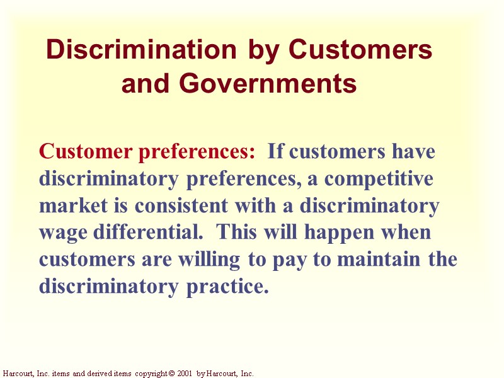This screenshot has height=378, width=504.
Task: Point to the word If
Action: click(276, 152)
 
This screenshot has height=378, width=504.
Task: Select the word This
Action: click(237, 232)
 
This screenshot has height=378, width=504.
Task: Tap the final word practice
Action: click(226, 287)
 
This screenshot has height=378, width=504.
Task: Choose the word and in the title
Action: click(146, 83)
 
